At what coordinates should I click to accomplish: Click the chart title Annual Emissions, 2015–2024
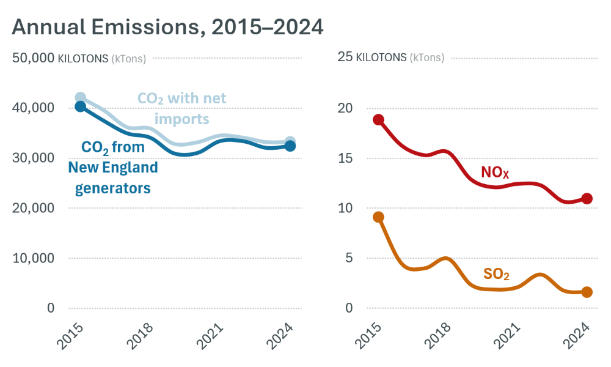click(x=167, y=27)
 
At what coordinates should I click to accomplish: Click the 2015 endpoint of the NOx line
click(x=378, y=120)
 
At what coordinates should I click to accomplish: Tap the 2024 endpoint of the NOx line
click(x=587, y=199)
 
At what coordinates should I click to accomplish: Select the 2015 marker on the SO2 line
click(x=378, y=217)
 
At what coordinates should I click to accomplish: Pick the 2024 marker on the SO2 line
click(x=587, y=292)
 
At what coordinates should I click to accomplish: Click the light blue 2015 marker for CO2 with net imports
click(x=80, y=98)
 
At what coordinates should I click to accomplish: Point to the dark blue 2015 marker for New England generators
click(x=80, y=106)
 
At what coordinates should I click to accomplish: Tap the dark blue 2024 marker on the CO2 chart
click(x=290, y=146)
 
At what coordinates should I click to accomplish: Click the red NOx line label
click(x=495, y=172)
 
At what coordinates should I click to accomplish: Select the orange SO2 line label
click(x=496, y=274)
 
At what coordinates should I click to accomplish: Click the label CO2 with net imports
click(x=181, y=108)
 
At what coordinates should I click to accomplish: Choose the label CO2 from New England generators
click(x=112, y=168)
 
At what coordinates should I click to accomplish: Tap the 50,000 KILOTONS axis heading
click(x=79, y=58)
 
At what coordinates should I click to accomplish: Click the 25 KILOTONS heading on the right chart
click(x=390, y=58)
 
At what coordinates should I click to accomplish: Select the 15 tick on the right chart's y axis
click(x=345, y=158)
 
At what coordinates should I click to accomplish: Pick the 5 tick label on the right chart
click(x=349, y=258)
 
